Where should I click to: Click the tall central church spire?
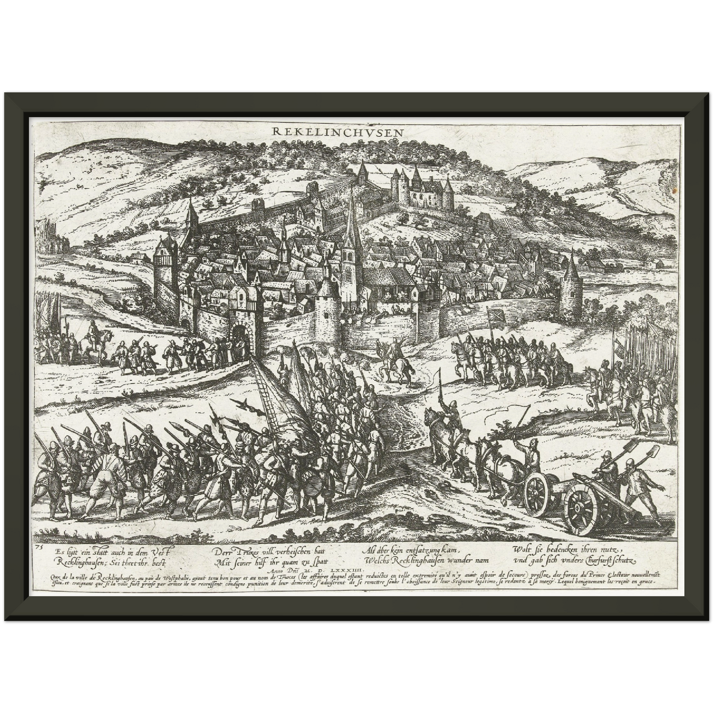click(x=351, y=222)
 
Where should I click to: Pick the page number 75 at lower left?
click(x=40, y=547)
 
